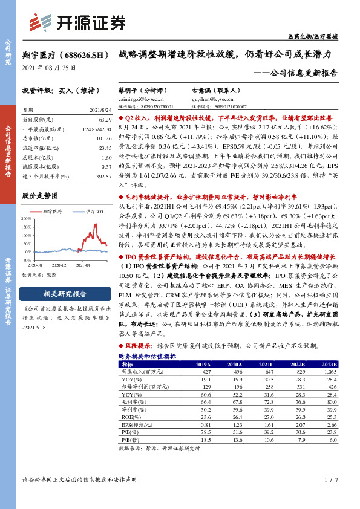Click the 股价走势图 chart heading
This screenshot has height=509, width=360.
tap(40, 196)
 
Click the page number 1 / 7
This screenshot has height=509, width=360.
tap(329, 479)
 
